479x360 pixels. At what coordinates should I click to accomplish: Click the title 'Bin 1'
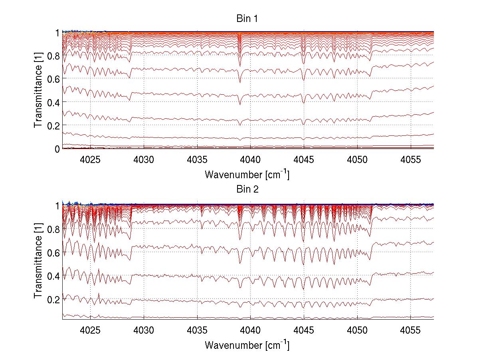[248, 19]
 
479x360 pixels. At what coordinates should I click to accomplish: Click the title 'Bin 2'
[248, 189]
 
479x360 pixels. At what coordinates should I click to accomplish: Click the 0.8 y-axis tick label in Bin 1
[53, 56]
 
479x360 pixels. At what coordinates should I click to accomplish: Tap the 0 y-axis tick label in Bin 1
[57, 149]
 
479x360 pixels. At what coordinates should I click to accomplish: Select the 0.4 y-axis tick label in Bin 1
[53, 102]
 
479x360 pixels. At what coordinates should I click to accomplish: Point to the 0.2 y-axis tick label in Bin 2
[53, 299]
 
